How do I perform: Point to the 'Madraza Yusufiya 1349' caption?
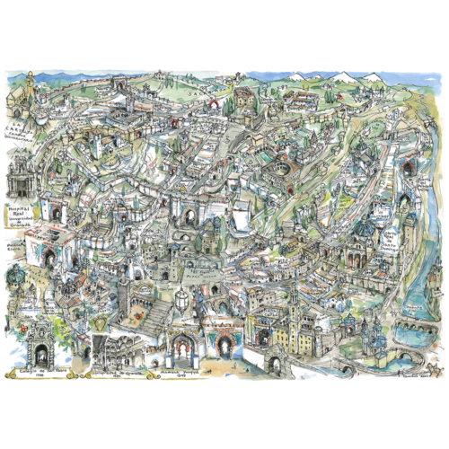(x=183, y=371)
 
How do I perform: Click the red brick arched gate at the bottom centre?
(x=222, y=342)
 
